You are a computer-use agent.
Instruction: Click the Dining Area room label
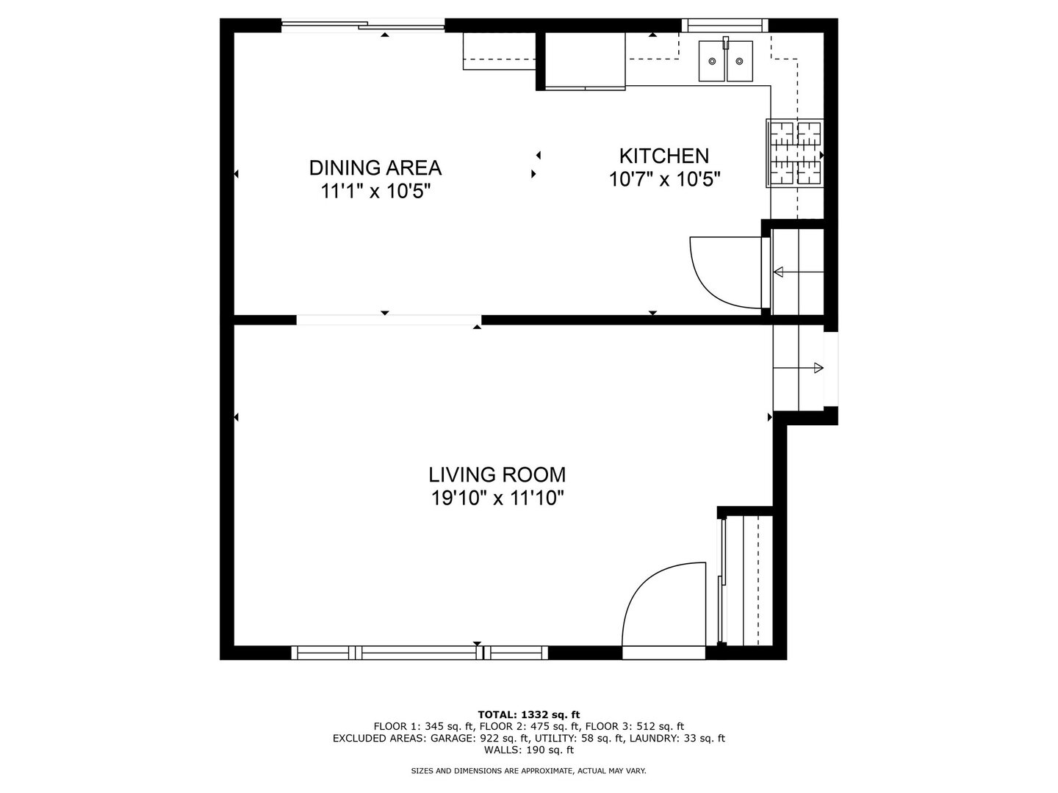coord(375,167)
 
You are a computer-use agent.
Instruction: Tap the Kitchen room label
coord(664,156)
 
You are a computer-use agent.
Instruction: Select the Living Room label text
coord(497,475)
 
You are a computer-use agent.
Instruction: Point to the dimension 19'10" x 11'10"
coord(497,499)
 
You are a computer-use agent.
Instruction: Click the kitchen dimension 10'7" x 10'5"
coord(665,180)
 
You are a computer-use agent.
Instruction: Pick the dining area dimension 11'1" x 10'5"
coord(375,191)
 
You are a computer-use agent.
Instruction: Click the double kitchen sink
coord(726,61)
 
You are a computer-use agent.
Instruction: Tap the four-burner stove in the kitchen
coord(794,153)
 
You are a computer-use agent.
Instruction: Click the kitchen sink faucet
coord(726,43)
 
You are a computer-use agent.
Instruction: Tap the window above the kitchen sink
coord(724,25)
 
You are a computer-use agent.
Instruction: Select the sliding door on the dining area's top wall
coord(363,25)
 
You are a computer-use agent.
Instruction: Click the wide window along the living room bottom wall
coord(420,653)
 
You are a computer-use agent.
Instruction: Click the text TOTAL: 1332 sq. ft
coord(529,714)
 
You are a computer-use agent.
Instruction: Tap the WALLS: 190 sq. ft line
coord(529,750)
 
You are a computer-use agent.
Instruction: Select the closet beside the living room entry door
coord(747,581)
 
